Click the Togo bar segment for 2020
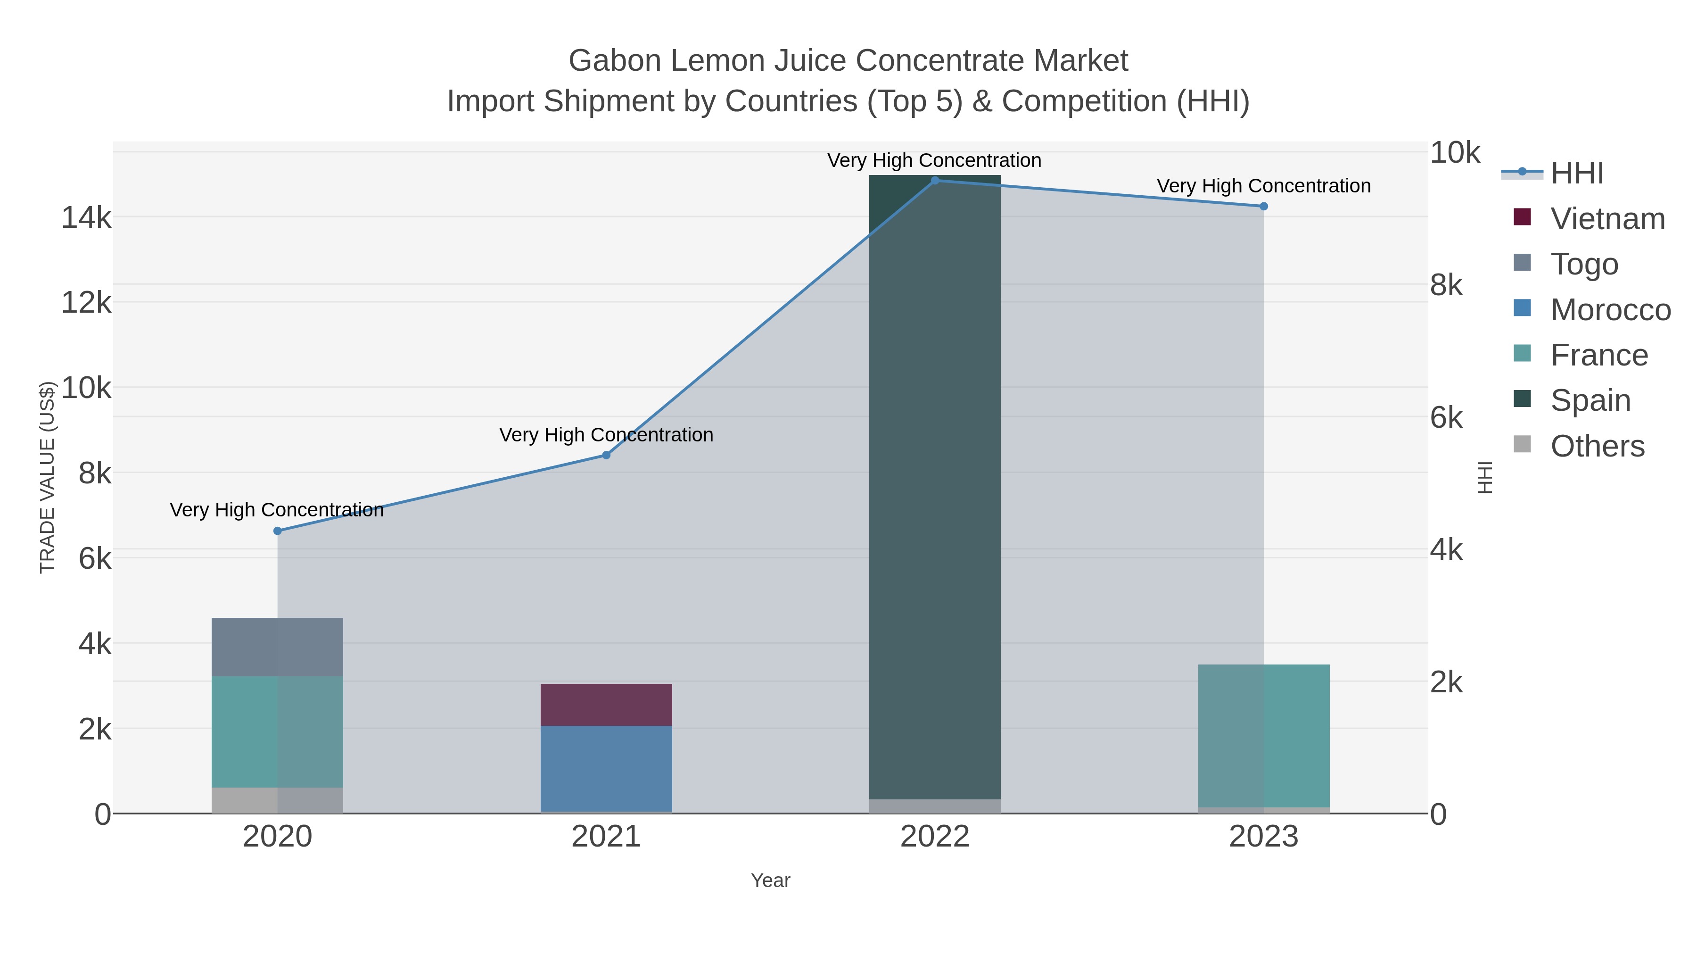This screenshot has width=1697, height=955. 277,647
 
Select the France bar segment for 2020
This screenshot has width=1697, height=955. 277,731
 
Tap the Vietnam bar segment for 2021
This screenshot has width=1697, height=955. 606,705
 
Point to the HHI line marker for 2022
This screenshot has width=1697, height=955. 935,180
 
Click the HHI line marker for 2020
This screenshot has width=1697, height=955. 277,531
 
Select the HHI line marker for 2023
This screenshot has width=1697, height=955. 1263,206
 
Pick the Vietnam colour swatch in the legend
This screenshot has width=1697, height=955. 1523,217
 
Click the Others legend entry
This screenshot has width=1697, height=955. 1597,446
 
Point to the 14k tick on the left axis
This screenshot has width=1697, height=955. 86,217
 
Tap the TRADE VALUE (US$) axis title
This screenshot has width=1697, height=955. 48,477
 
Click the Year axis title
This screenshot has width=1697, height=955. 770,880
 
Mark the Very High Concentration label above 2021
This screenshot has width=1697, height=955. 606,435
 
